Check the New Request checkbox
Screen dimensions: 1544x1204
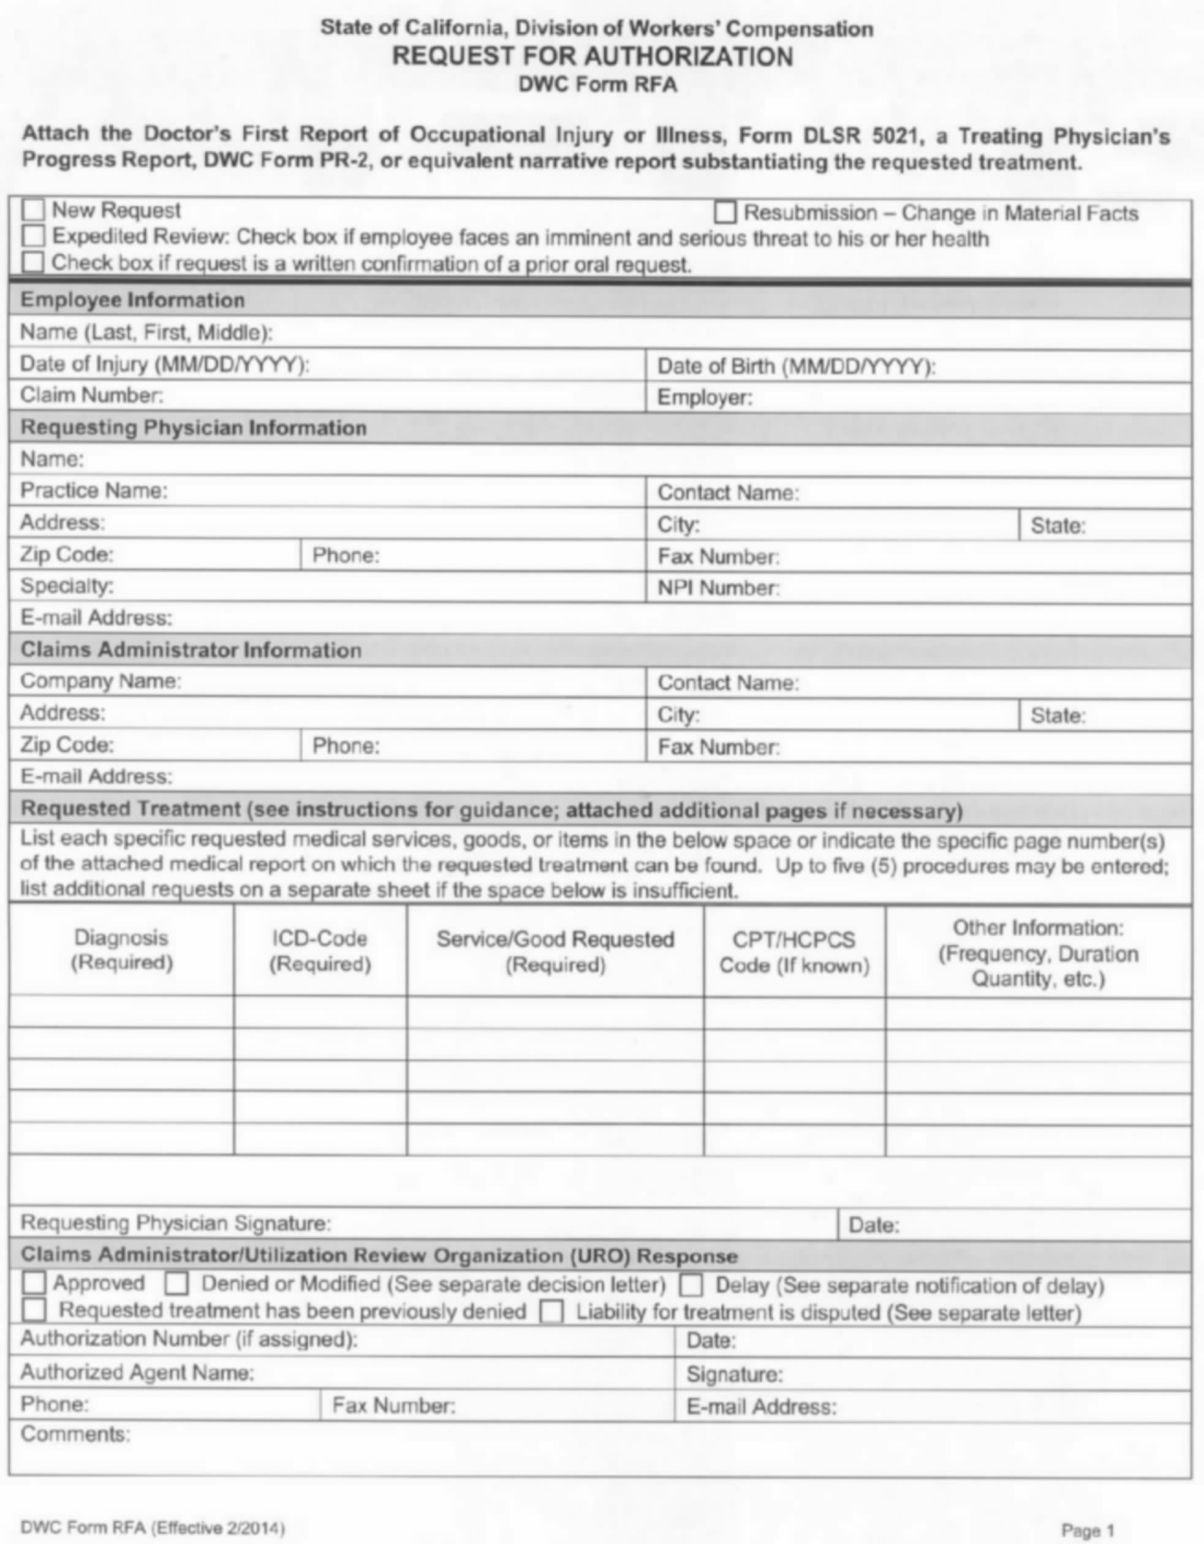pos(33,210)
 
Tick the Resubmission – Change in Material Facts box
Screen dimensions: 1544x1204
pos(725,213)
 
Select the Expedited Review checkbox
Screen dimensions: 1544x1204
pos(33,235)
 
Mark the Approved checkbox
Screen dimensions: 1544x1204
pos(34,1283)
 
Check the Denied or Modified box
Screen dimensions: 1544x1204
pos(176,1283)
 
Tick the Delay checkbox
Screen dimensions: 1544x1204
pos(691,1285)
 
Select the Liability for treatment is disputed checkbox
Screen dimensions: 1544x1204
pos(551,1312)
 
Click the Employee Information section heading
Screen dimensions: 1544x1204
pos(132,300)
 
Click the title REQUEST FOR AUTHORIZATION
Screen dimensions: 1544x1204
pos(593,56)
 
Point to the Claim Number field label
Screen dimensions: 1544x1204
pos(91,395)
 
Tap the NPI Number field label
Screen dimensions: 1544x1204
pos(718,588)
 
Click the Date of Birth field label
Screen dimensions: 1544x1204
pos(796,366)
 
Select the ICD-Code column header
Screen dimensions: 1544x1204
pos(320,951)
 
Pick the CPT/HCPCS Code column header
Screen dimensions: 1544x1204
pos(794,952)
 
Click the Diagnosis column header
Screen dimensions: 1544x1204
pos(121,950)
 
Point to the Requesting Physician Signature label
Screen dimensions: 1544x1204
pos(175,1223)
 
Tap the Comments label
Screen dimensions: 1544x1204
pos(75,1434)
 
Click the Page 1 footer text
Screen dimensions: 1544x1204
pos(1088,1531)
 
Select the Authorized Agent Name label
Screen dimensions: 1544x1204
pos(137,1372)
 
